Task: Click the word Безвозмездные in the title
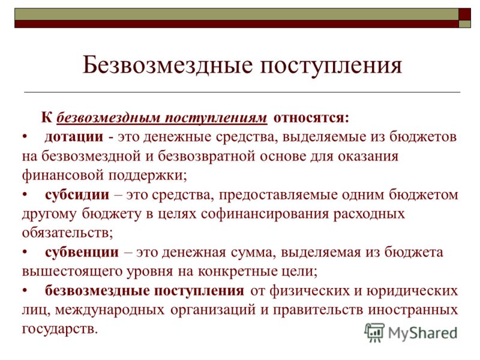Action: (168, 65)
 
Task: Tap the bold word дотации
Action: (74, 137)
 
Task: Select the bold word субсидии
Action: (77, 194)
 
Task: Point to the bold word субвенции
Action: (82, 253)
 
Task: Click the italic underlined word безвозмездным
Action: (109, 118)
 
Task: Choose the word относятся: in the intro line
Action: (311, 118)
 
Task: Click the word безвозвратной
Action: (206, 156)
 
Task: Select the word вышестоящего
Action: (72, 272)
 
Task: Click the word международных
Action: (110, 310)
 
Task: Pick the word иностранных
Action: (413, 310)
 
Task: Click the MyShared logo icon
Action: (374, 332)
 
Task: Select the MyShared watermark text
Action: (422, 333)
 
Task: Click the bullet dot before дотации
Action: (25, 137)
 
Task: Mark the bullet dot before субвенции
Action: (25, 253)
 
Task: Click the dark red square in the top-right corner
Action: (464, 14)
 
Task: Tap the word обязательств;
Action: (67, 233)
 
